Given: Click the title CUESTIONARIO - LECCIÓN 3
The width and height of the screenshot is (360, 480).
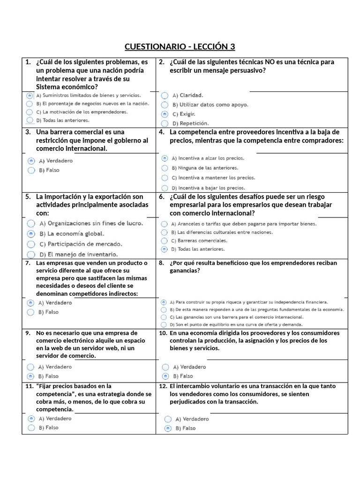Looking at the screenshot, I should click(180, 46).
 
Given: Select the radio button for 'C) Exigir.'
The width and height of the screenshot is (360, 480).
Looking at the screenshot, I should click(165, 114).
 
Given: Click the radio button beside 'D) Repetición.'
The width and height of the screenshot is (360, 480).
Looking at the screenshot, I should click(165, 124).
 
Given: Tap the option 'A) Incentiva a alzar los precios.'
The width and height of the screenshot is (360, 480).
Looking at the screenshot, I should click(165, 158).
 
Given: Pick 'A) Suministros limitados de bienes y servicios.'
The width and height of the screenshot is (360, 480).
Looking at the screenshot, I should click(30, 95).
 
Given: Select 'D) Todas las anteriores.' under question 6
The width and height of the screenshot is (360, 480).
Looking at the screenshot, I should click(165, 249).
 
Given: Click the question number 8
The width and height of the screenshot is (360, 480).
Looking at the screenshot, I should click(162, 263).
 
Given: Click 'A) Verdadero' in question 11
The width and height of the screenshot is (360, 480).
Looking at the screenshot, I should click(31, 418).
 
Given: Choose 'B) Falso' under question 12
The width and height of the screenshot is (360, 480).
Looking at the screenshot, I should click(168, 428).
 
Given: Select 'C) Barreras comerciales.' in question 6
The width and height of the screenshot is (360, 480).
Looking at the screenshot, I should click(165, 240).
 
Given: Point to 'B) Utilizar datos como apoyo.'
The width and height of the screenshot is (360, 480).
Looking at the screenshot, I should click(165, 105).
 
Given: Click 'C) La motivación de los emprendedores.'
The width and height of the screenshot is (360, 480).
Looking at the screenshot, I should click(30, 112).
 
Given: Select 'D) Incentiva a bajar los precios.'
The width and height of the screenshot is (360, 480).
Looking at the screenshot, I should click(165, 187).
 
